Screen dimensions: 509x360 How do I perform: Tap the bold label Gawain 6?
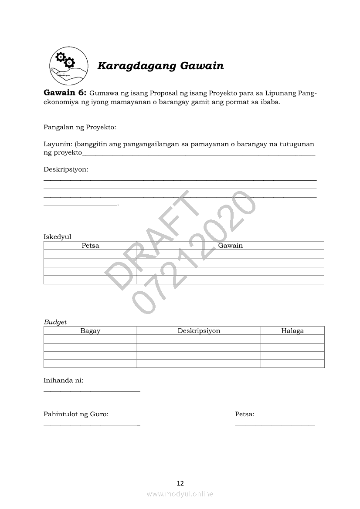pyautogui.click(x=65, y=93)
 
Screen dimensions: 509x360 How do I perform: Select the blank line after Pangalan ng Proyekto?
pyautogui.click(x=216, y=129)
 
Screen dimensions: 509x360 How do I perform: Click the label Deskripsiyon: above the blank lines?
pyautogui.click(x=66, y=169)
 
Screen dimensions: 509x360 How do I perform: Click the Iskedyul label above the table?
pyautogui.click(x=57, y=237)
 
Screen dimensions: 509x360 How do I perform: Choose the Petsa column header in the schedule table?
pyautogui.click(x=90, y=246)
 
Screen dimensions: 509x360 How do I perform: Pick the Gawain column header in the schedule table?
pyautogui.click(x=230, y=246)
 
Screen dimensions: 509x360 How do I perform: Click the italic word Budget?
pyautogui.click(x=55, y=322)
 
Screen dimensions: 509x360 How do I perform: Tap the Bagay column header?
pyautogui.click(x=90, y=330)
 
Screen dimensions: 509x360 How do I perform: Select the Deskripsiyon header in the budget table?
pyautogui.click(x=199, y=330)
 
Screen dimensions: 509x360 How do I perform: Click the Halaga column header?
pyautogui.click(x=292, y=330)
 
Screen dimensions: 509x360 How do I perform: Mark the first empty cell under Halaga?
pyautogui.click(x=292, y=339)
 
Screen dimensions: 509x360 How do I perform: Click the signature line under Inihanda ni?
pyautogui.click(x=92, y=391)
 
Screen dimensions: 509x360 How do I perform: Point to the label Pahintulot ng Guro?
pyautogui.click(x=76, y=414)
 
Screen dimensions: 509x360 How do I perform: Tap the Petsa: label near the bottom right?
pyautogui.click(x=245, y=414)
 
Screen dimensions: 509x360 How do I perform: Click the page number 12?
pyautogui.click(x=180, y=483)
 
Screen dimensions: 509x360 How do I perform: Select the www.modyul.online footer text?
pyautogui.click(x=180, y=494)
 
